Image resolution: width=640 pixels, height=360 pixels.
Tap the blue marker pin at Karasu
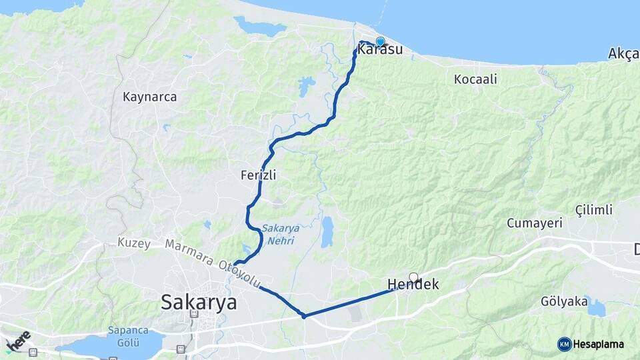[x=380, y=41]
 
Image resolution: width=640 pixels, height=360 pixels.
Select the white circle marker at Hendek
[x=413, y=277]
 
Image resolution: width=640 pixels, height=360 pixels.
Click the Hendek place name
[x=413, y=285]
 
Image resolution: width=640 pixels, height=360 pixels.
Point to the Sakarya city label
[x=199, y=302]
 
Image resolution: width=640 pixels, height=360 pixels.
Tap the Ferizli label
[x=259, y=175]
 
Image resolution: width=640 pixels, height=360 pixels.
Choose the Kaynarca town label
[x=150, y=97]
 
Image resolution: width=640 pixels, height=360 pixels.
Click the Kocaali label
[x=475, y=79]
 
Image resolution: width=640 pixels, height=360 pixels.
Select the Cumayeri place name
[x=535, y=223]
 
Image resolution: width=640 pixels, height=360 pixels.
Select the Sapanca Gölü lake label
[x=126, y=336]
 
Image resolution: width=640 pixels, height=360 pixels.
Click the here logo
[x=18, y=340]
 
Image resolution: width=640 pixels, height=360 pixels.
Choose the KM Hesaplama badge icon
[x=565, y=344]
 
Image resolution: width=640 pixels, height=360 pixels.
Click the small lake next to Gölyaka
[x=595, y=308]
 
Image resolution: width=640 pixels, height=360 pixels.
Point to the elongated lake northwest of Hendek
[x=327, y=232]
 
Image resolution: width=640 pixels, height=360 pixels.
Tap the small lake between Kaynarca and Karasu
[x=306, y=86]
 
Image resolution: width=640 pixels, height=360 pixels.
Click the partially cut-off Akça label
[x=623, y=53]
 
